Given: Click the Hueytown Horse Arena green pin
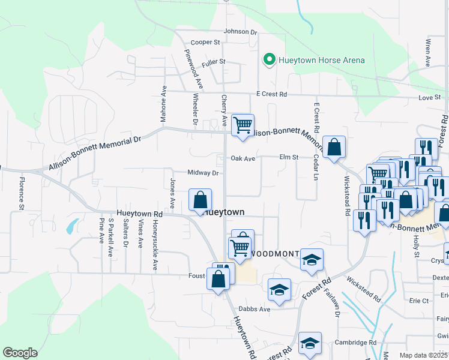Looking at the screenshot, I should (x=270, y=59).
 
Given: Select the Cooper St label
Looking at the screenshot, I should (x=206, y=43).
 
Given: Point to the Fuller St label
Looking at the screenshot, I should (x=213, y=61).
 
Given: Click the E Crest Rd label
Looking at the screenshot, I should (x=271, y=94).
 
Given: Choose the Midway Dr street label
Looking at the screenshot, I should (x=202, y=173).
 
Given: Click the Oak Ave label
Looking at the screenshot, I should (x=243, y=158).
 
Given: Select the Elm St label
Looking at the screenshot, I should (x=289, y=157).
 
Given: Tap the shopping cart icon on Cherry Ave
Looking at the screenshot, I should (x=243, y=125).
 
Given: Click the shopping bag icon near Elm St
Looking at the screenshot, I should (x=334, y=147).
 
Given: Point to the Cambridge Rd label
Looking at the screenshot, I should (x=356, y=343).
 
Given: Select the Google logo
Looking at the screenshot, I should (x=20, y=353).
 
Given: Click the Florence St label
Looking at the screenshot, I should (x=21, y=193).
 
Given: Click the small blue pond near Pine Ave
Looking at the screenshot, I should (x=72, y=226).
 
